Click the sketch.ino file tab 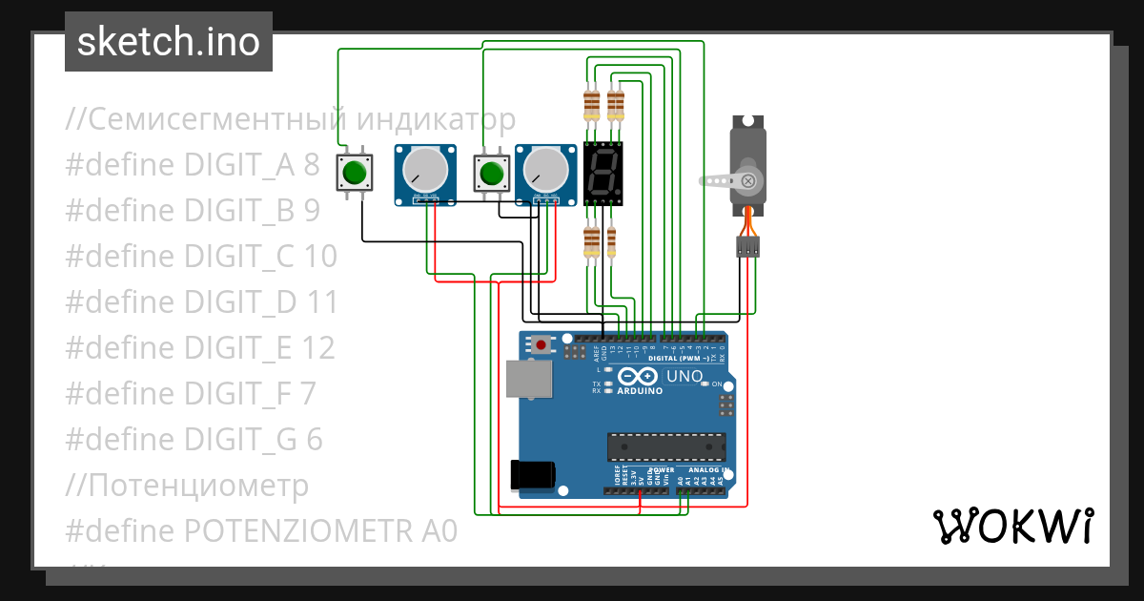click(169, 42)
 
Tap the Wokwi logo click(1012, 526)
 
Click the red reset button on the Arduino click(541, 344)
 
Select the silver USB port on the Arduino click(527, 379)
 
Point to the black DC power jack click(532, 474)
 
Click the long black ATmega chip click(666, 446)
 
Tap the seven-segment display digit click(603, 174)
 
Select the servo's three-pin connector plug click(748, 247)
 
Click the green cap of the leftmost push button click(355, 173)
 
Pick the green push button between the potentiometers click(492, 173)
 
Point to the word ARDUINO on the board click(640, 391)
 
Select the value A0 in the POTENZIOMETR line click(438, 530)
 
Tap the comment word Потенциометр click(199, 485)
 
